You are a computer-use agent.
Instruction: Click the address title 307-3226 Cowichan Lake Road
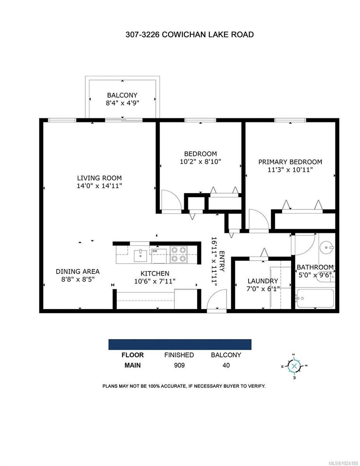pyautogui.click(x=190, y=35)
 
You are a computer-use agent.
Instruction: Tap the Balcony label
pyautogui.click(x=122, y=95)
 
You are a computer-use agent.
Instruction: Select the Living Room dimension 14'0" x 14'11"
pyautogui.click(x=99, y=186)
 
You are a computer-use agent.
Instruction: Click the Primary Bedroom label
pyautogui.click(x=290, y=162)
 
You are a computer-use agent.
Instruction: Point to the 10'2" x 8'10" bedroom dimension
pyautogui.click(x=200, y=162)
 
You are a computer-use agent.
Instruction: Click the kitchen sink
pyautogui.click(x=140, y=256)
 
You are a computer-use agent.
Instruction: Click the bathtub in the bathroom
pyautogui.click(x=314, y=299)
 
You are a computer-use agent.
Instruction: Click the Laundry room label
pyautogui.click(x=263, y=281)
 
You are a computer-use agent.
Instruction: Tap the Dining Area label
pyautogui.click(x=78, y=271)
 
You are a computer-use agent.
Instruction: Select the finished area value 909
pyautogui.click(x=179, y=365)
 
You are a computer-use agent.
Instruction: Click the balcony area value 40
pyautogui.click(x=226, y=365)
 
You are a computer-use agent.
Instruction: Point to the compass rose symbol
pyautogui.click(x=294, y=366)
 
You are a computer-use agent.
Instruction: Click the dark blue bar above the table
pyautogui.click(x=180, y=344)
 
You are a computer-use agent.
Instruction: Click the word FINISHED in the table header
pyautogui.click(x=179, y=355)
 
